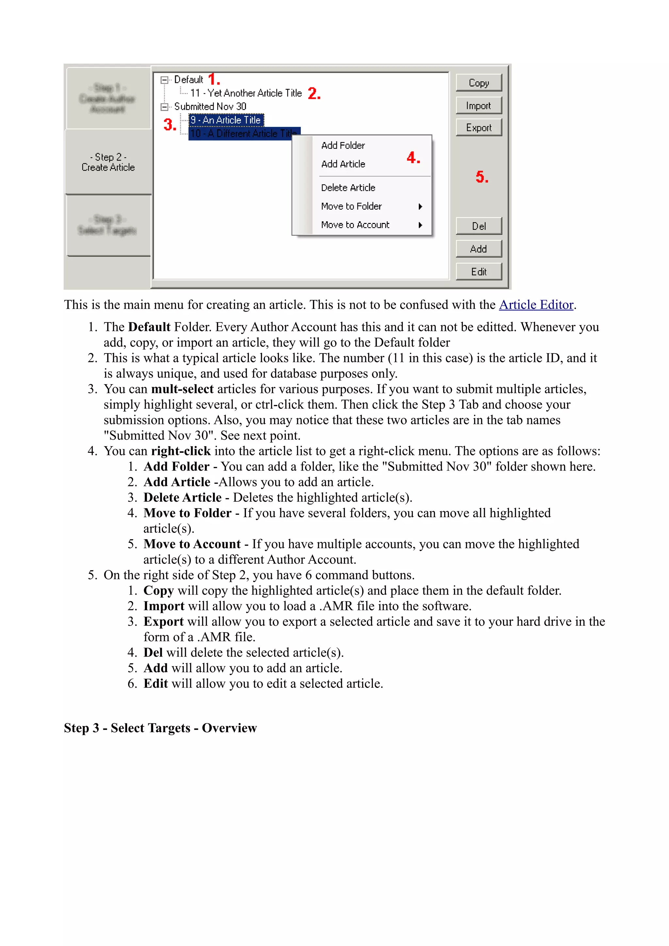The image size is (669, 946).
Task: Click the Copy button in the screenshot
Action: click(479, 83)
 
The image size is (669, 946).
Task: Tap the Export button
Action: click(479, 128)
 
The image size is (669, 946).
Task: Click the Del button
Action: click(479, 226)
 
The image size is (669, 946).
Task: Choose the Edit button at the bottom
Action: click(479, 272)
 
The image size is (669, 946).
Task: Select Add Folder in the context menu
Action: click(343, 146)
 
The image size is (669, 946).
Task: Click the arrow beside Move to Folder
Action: click(420, 206)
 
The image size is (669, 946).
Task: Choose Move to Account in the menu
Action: click(355, 225)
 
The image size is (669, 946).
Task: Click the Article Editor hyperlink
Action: click(536, 305)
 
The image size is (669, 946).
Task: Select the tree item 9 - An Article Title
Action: click(226, 120)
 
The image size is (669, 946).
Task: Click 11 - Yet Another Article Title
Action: click(246, 93)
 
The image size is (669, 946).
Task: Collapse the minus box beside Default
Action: click(164, 80)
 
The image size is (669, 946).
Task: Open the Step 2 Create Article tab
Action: click(108, 162)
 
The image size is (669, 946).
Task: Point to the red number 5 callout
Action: click(481, 177)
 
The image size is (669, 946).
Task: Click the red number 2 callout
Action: click(314, 94)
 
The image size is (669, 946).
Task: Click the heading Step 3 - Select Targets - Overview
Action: click(160, 728)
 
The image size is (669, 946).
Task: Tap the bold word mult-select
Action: click(182, 389)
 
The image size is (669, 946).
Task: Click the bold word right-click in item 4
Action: click(181, 451)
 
